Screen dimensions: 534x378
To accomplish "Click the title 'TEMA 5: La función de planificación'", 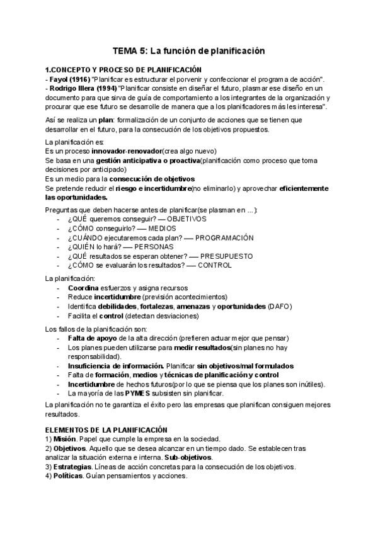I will tap(188, 50).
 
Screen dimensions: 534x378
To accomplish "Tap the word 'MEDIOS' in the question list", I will tap(161, 228).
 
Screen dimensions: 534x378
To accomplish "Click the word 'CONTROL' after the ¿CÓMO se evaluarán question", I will tap(215, 266).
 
